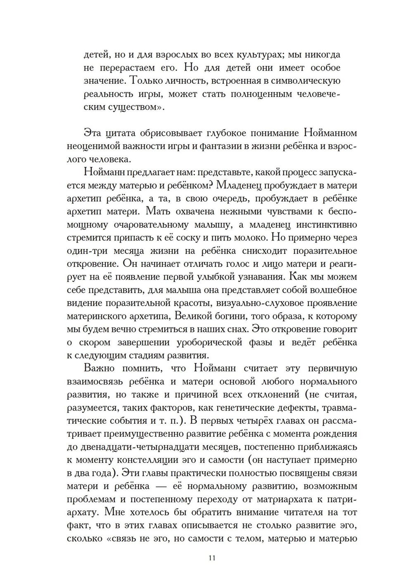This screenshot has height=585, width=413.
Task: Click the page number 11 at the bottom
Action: [212, 558]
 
